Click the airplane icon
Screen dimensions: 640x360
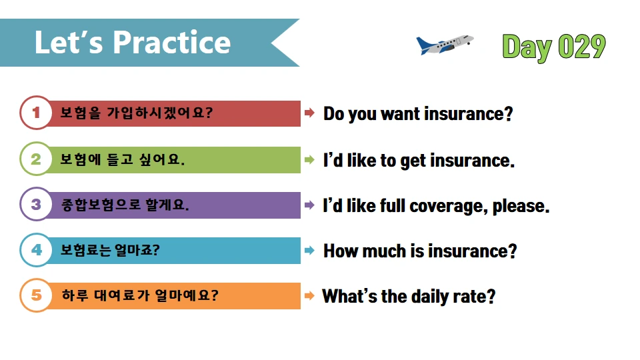pos(445,45)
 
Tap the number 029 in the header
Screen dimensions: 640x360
pos(581,47)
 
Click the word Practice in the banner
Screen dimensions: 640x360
pos(171,43)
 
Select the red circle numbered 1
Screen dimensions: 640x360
pos(36,113)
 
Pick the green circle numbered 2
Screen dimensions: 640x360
pos(36,159)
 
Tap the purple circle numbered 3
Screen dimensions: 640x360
pos(36,204)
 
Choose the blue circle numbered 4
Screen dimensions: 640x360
pos(36,250)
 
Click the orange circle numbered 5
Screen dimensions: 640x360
pos(36,295)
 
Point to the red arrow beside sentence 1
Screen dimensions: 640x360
pos(310,113)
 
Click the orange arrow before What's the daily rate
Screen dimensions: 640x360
pos(310,295)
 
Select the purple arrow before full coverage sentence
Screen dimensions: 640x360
pos(310,205)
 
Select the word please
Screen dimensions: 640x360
pos(521,207)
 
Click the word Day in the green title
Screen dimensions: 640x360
pos(527,47)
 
